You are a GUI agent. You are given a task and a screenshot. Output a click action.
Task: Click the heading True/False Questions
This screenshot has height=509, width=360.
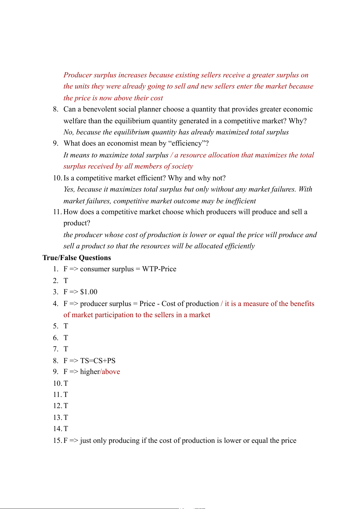coord(77,258)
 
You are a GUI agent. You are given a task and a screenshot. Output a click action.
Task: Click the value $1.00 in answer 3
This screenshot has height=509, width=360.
coord(89,292)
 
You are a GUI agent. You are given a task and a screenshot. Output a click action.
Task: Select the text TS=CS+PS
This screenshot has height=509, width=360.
coord(98,361)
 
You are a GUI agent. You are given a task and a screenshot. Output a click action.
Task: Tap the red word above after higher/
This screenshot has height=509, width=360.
coord(111,372)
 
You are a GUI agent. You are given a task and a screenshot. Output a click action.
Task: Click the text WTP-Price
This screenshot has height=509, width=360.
coord(159,269)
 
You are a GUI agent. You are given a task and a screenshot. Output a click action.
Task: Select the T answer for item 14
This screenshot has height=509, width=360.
coord(66,429)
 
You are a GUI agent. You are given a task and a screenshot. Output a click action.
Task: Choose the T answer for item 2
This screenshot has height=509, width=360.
coord(66,281)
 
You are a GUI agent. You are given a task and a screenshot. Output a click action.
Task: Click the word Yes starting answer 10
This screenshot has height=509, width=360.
coord(69,189)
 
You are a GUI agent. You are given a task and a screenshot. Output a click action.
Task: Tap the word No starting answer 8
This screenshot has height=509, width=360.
coord(68,132)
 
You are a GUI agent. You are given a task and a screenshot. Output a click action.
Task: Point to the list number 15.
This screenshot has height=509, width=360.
coord(57,440)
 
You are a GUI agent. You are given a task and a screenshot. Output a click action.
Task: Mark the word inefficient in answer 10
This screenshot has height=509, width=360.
coord(241,201)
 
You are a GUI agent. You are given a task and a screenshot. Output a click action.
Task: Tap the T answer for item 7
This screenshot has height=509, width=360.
coord(66,349)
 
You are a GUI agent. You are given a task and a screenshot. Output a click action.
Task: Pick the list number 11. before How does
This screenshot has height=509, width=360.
coord(57,212)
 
